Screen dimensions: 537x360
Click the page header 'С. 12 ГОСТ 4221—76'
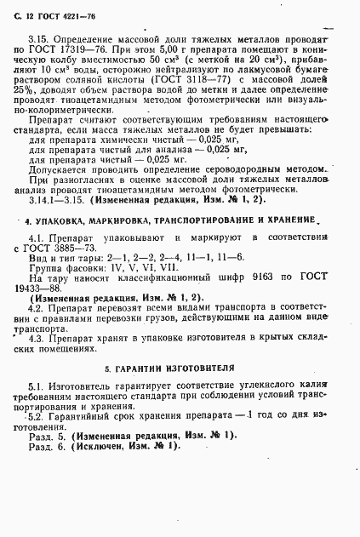(57, 18)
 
